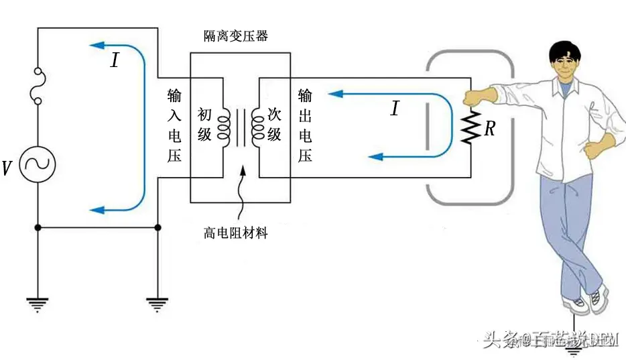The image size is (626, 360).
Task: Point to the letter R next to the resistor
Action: pyautogui.click(x=490, y=129)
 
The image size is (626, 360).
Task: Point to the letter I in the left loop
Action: pyautogui.click(x=115, y=61)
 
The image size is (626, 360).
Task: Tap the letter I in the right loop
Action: pyautogui.click(x=395, y=108)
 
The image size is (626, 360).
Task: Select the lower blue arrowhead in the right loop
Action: pyautogui.click(x=376, y=157)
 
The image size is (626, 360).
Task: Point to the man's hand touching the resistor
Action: pyautogui.click(x=473, y=96)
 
